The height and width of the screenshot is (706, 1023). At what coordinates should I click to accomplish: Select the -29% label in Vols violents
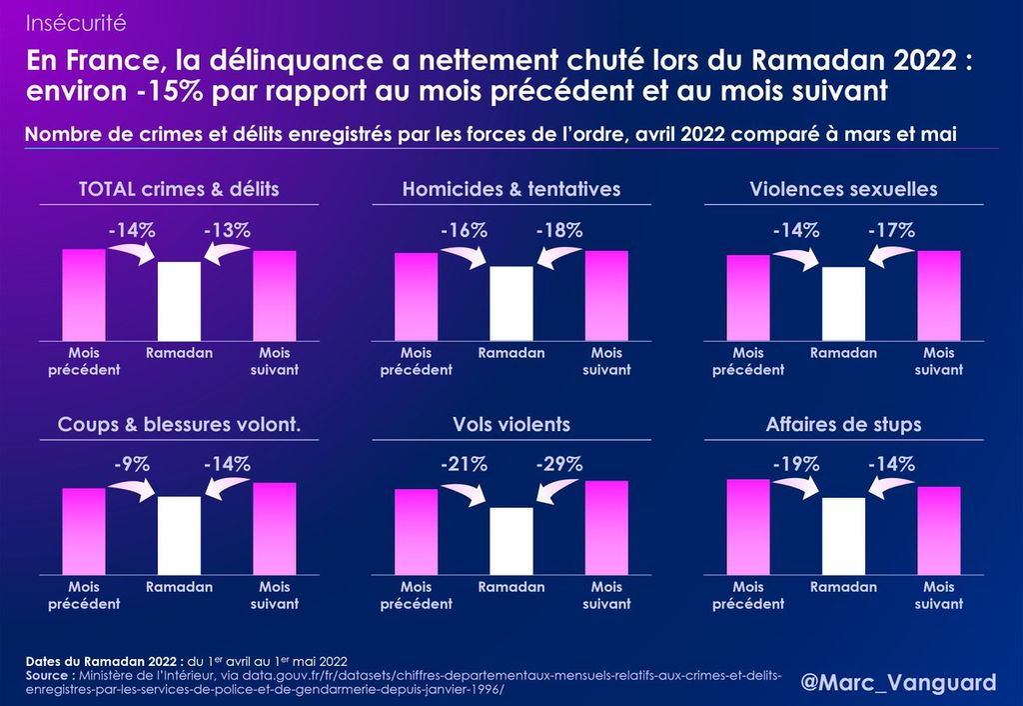pyautogui.click(x=558, y=464)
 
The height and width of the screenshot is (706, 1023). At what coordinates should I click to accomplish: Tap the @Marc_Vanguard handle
pyautogui.click(x=899, y=683)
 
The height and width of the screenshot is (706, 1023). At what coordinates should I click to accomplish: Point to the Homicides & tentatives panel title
pyautogui.click(x=511, y=189)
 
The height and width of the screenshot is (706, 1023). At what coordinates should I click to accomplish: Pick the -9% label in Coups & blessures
pyautogui.click(x=131, y=464)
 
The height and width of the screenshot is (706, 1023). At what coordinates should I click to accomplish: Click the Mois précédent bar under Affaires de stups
pyautogui.click(x=748, y=527)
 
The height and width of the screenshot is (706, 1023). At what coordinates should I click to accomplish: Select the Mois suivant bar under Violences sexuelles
pyautogui.click(x=939, y=295)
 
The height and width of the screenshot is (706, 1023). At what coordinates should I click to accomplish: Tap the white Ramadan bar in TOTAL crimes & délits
pyautogui.click(x=179, y=301)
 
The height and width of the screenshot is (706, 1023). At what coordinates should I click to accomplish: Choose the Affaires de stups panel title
pyautogui.click(x=843, y=425)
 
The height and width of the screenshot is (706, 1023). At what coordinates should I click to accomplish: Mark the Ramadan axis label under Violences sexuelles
pyautogui.click(x=843, y=353)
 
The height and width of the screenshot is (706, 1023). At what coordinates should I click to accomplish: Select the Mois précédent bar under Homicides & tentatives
pyautogui.click(x=417, y=296)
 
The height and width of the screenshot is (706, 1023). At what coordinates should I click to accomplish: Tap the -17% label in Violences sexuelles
pyautogui.click(x=891, y=231)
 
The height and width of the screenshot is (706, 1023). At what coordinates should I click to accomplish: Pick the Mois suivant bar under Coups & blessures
pyautogui.click(x=275, y=529)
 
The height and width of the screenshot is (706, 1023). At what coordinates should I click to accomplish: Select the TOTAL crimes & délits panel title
pyautogui.click(x=179, y=189)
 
